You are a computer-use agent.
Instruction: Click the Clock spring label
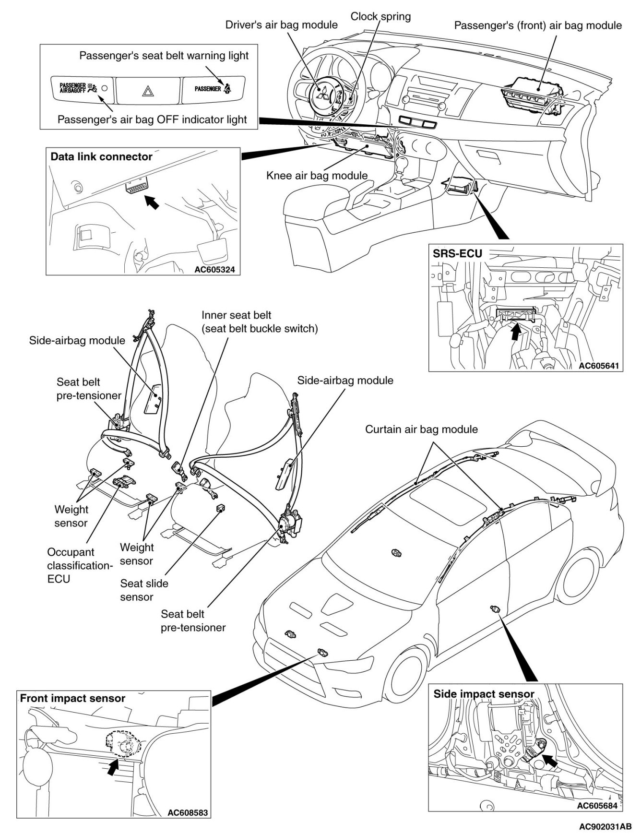coord(380,16)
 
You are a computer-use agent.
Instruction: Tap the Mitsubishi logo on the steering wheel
coord(324,93)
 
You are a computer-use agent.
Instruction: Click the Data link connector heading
coord(101,157)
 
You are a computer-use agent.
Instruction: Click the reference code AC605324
coord(214,270)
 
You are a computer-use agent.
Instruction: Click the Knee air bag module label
coord(317,176)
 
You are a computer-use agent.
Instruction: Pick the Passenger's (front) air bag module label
coord(538,25)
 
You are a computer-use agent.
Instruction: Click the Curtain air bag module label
coord(421,429)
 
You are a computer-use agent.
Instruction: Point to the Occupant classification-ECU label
coord(79,565)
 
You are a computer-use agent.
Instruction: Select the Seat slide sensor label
coord(144,590)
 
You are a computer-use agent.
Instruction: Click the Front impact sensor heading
coord(72,699)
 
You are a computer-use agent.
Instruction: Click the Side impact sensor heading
coord(484,694)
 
